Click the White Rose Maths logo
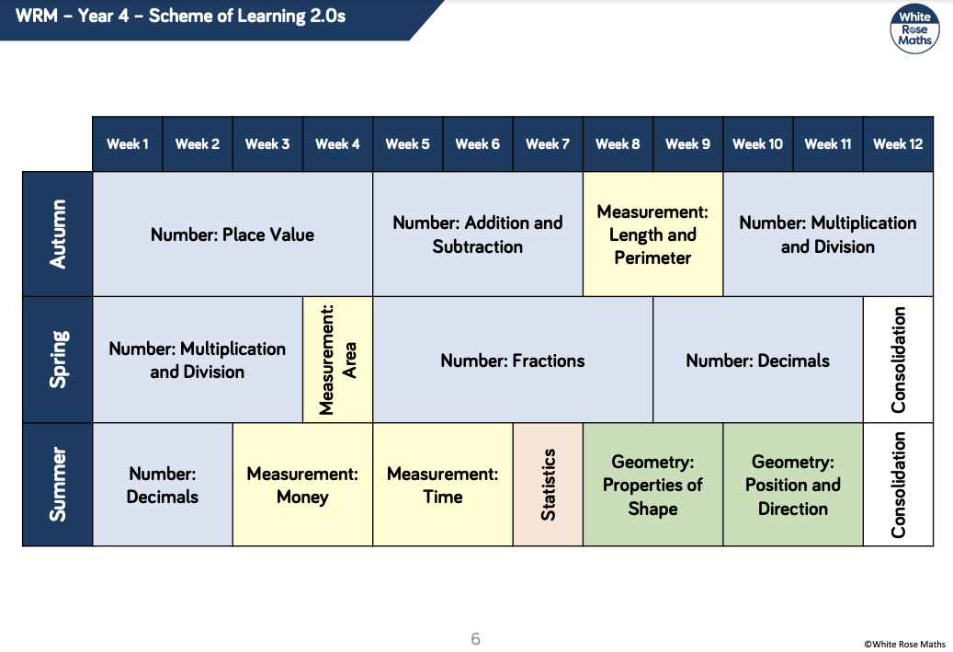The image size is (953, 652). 914,29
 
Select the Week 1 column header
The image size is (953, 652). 128,144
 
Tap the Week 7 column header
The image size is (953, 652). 548,144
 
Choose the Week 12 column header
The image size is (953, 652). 898,144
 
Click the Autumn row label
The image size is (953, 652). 58,234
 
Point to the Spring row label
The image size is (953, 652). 58,360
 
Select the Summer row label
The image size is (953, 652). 58,484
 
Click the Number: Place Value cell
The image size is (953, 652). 233,234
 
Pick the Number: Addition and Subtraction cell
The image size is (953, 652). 478,234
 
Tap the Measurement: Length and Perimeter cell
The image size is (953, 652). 652,234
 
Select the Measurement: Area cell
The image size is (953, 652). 338,360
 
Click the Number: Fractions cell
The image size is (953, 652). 513,360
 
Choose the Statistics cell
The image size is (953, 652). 548,484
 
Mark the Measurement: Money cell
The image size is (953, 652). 302,484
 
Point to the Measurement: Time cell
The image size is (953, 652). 442,484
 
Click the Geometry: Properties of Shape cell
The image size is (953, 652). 652,484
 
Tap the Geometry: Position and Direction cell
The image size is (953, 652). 793,484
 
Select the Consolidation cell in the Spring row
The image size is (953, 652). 898,360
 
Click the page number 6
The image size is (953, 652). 475,638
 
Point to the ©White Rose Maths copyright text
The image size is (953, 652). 904,644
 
